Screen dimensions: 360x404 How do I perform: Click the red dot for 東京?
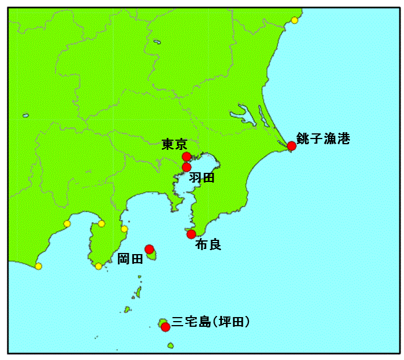[186, 156]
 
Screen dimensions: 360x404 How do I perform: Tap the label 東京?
[174, 144]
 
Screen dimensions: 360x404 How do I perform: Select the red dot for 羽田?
[186, 167]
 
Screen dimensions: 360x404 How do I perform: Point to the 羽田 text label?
[202, 178]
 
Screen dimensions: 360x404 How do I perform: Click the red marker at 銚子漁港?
[291, 145]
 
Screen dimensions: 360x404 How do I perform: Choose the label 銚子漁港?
[323, 139]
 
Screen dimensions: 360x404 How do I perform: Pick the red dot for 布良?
[191, 234]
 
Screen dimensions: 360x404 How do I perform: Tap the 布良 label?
[208, 245]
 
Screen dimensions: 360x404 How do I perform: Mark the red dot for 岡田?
[149, 249]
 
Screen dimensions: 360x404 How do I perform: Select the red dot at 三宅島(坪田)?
[165, 327]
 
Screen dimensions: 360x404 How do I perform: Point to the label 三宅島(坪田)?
[211, 322]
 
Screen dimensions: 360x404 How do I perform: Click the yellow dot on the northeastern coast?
[294, 20]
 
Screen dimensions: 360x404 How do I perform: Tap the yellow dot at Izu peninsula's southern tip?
[98, 266]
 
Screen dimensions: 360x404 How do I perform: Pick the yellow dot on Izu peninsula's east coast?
[124, 229]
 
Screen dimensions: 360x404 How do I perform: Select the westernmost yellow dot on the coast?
[38, 266]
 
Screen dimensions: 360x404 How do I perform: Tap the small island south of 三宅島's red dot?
[171, 345]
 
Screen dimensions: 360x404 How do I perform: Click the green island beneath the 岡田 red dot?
[152, 256]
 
